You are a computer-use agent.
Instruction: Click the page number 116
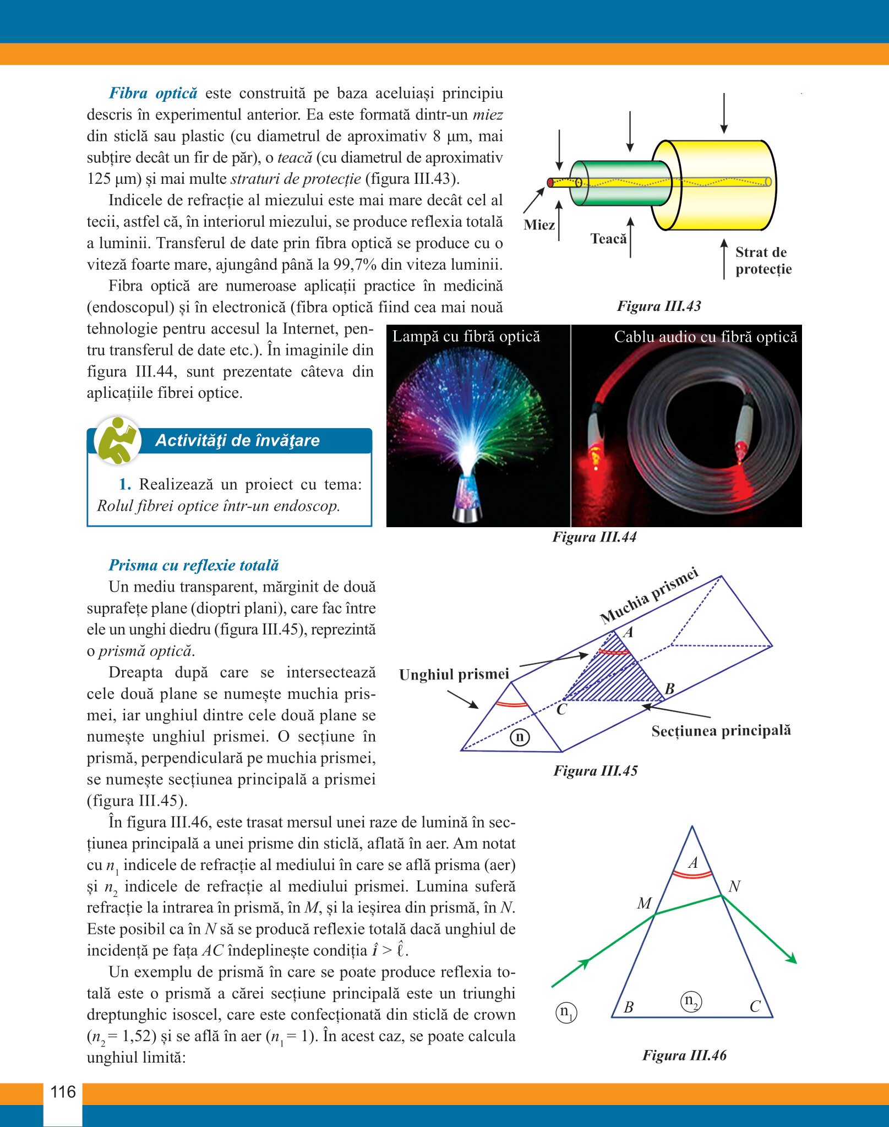click(63, 1092)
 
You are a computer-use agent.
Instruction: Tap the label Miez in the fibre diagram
click(539, 225)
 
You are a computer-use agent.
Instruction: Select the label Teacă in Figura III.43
click(608, 238)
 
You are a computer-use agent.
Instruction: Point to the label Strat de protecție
click(763, 261)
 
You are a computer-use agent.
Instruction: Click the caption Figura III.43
click(659, 306)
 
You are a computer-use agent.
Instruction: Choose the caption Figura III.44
click(594, 537)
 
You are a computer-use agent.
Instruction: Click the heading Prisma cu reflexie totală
click(194, 565)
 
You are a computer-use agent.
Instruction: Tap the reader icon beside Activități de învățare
click(117, 440)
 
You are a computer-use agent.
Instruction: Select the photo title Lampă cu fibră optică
click(466, 336)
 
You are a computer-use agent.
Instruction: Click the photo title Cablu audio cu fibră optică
click(705, 337)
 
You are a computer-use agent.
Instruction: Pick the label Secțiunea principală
click(721, 731)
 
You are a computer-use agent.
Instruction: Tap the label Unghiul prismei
click(454, 675)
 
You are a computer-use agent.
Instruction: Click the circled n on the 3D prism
click(520, 737)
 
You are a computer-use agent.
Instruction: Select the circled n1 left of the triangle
click(566, 1012)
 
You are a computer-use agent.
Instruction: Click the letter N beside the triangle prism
click(734, 887)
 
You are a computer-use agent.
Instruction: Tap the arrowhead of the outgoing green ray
click(792, 959)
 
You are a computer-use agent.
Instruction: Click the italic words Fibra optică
click(153, 93)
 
